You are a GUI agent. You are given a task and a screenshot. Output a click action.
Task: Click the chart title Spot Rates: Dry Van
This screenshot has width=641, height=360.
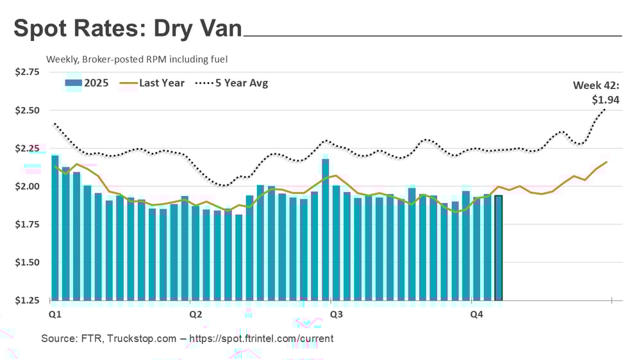coord(128,29)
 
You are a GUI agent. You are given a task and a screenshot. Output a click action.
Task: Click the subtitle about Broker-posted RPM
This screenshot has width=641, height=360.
coord(137,59)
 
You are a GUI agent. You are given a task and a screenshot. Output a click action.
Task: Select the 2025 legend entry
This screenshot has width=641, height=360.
coord(87,83)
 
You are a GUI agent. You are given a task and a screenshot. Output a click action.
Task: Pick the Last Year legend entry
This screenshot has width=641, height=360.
coord(153,83)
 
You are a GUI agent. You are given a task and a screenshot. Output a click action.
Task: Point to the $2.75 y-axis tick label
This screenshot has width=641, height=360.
coord(27,72)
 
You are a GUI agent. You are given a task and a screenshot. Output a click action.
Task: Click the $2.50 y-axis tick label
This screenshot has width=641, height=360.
coord(27,110)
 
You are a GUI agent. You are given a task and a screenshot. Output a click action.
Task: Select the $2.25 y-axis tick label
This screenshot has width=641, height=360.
coord(27,149)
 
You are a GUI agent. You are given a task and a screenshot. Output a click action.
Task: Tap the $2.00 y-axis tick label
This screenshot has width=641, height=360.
coord(27,186)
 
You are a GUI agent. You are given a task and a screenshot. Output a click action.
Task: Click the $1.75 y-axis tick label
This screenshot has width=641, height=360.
coord(27,224)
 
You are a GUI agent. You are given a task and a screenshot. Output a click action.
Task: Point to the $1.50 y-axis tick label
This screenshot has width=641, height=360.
coord(27,263)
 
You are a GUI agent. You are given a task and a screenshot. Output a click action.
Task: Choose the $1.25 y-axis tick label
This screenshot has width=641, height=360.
coord(27,300)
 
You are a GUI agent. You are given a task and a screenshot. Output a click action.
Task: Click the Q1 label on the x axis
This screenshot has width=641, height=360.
coord(55,315)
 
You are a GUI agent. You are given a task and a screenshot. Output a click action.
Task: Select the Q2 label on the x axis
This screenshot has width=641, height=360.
coord(196,315)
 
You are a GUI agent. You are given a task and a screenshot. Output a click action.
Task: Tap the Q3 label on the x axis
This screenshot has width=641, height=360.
coord(335,315)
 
